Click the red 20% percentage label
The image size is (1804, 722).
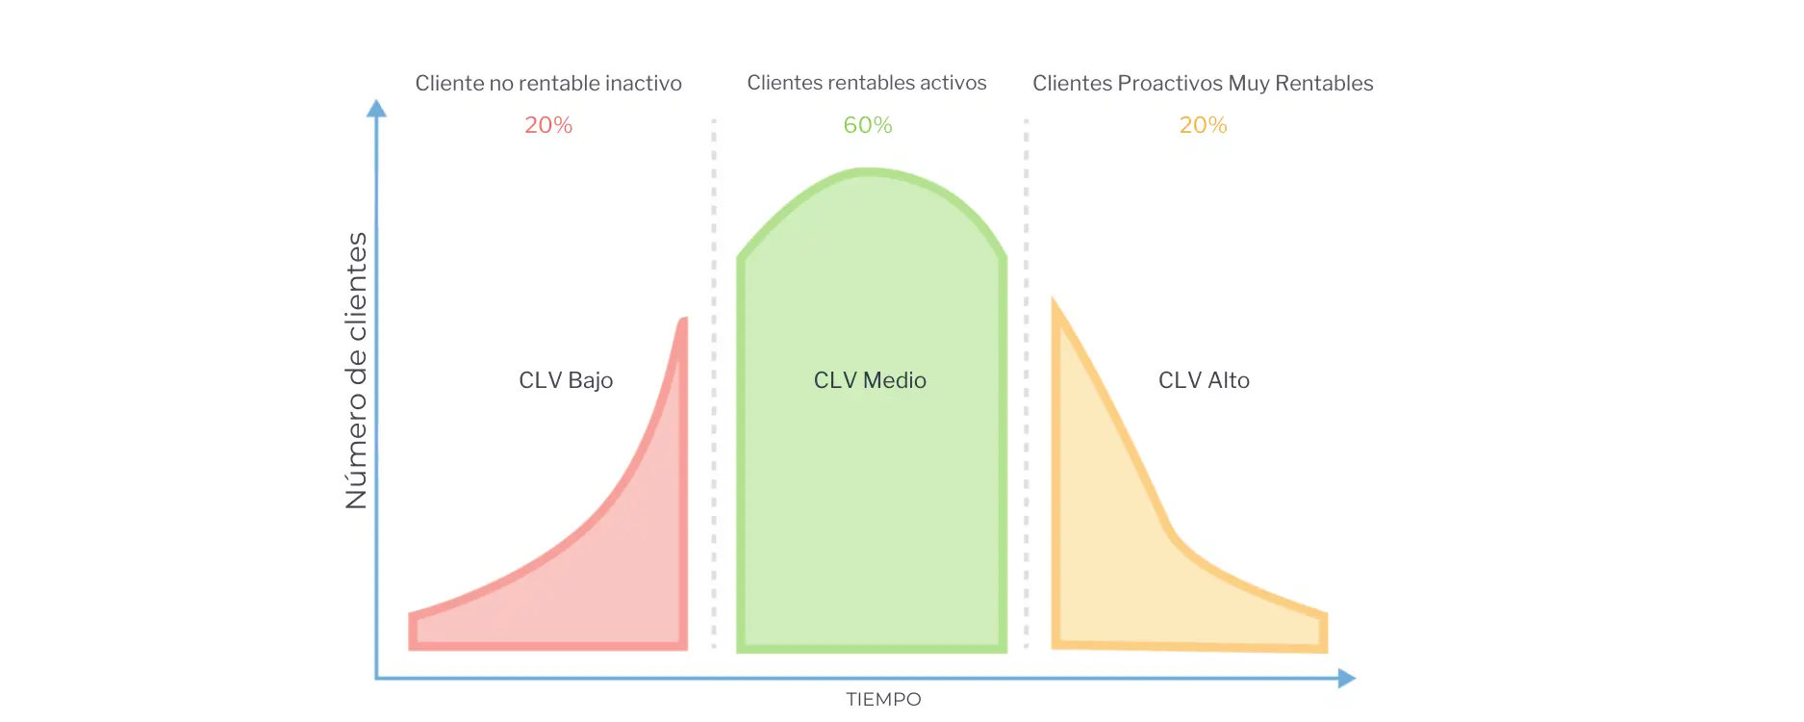coord(548,125)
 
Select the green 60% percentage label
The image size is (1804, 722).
coord(868,125)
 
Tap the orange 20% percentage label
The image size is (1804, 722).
coord(1203,125)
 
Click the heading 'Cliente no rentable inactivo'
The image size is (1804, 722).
coord(548,84)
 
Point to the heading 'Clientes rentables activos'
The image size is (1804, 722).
coord(867,83)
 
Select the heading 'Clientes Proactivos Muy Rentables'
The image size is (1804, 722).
coord(1203,84)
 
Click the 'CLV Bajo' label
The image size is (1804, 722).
coord(566,380)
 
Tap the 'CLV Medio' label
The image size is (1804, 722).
coord(870,380)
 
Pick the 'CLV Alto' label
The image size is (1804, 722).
coord(1204,380)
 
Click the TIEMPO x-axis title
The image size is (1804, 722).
coord(883,700)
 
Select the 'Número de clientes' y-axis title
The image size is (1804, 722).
coord(356,371)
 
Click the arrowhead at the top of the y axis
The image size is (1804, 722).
coord(377,108)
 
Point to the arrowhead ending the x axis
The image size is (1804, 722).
coord(1347,679)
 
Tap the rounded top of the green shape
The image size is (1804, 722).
coord(870,173)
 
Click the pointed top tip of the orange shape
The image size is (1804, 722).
coord(1055,304)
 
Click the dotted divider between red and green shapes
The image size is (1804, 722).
coord(714,385)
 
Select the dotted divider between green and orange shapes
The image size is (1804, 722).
coord(1027,385)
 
